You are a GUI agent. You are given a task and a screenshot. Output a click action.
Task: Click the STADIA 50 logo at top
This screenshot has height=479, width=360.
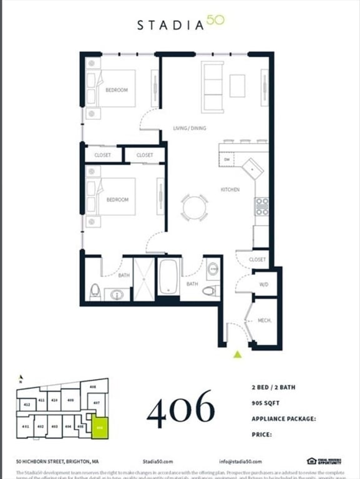point(180,24)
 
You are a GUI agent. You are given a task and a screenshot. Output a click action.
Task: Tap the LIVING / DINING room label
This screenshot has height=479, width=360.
point(190,128)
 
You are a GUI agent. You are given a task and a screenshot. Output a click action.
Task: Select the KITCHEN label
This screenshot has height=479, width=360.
point(230,189)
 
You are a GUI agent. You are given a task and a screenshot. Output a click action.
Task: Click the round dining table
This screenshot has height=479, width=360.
point(195,208)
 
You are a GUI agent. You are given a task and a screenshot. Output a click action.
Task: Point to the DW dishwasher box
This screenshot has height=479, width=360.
point(227,160)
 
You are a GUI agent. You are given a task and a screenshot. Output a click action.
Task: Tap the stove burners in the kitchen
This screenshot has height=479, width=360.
point(261,206)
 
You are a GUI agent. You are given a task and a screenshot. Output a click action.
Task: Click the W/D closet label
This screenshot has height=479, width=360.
point(263,285)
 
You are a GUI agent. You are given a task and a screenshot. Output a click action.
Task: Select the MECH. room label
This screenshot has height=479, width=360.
point(264,321)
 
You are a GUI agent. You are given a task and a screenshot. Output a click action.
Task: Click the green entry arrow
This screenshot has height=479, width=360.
point(237,354)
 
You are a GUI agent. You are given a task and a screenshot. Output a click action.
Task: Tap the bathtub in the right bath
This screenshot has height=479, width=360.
point(168,278)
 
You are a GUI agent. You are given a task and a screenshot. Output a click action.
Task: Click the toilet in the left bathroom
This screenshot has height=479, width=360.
point(95,290)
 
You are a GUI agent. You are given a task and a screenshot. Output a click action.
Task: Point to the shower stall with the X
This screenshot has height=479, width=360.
point(144,278)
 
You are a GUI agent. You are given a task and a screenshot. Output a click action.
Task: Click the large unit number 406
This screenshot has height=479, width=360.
point(181,409)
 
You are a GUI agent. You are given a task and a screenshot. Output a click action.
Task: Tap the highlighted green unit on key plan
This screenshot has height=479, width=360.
point(100,428)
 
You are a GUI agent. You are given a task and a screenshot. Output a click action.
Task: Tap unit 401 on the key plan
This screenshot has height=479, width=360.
point(26,426)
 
